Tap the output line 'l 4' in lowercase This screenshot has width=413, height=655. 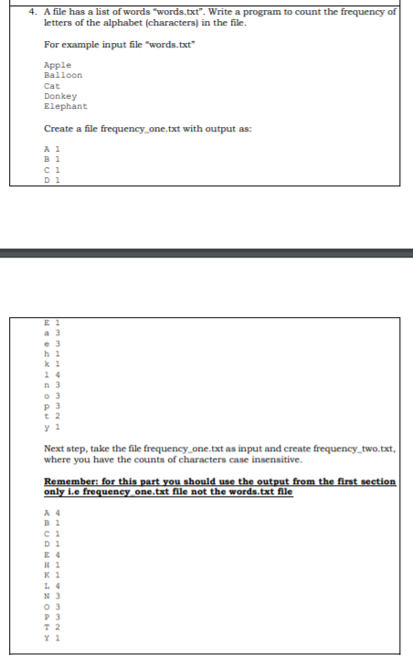[x=53, y=374]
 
